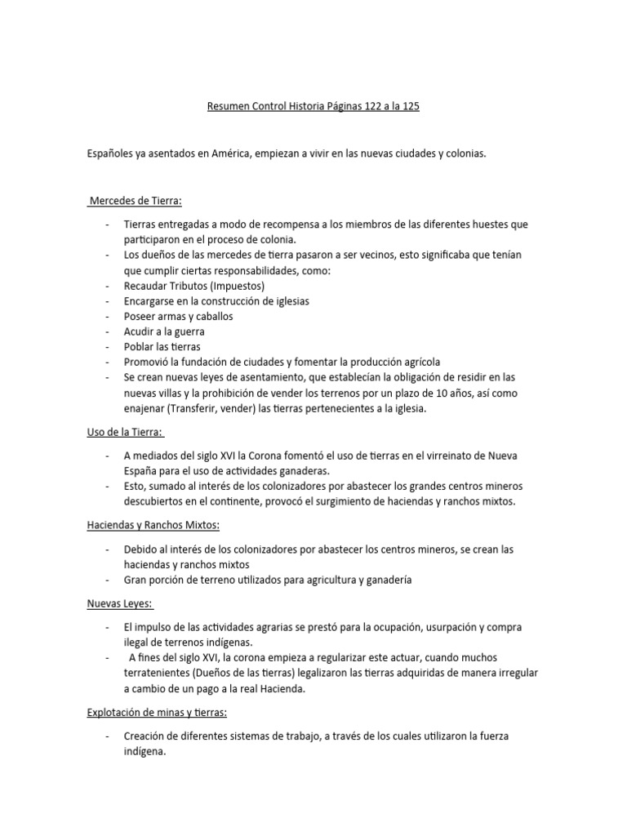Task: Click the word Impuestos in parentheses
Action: [x=240, y=286]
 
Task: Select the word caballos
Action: [x=215, y=316]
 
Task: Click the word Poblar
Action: [x=140, y=347]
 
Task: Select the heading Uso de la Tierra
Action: [x=125, y=432]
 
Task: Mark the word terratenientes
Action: [x=161, y=673]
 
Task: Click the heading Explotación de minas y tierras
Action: [x=157, y=713]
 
